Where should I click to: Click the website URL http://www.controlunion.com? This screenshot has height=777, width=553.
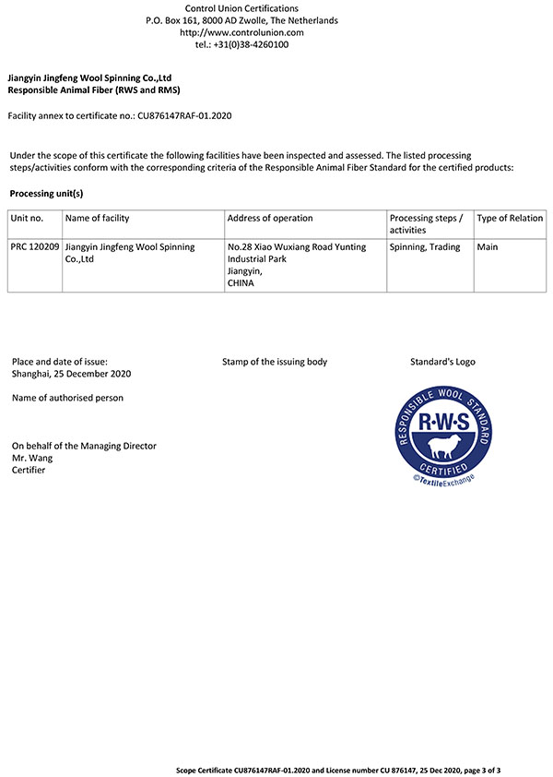click(x=241, y=32)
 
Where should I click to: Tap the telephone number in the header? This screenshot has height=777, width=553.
click(x=241, y=44)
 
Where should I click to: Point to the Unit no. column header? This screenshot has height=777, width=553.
click(x=28, y=219)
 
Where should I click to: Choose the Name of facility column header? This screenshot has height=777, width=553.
click(x=98, y=219)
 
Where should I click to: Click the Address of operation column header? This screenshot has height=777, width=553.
click(x=270, y=219)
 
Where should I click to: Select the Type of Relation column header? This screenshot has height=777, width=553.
click(x=510, y=219)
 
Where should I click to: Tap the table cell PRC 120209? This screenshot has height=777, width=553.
click(x=35, y=247)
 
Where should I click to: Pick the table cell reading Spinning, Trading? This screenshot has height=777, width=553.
click(x=425, y=247)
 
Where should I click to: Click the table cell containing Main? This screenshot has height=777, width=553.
click(x=488, y=247)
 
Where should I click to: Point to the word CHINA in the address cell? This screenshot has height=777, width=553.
click(x=241, y=284)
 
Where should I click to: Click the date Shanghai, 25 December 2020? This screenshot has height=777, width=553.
click(x=72, y=374)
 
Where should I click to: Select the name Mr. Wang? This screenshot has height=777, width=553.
click(x=32, y=458)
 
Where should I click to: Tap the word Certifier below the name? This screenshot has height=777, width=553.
click(x=29, y=470)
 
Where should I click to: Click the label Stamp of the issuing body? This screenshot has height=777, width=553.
click(x=275, y=362)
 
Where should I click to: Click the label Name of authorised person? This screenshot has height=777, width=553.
click(x=67, y=398)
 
